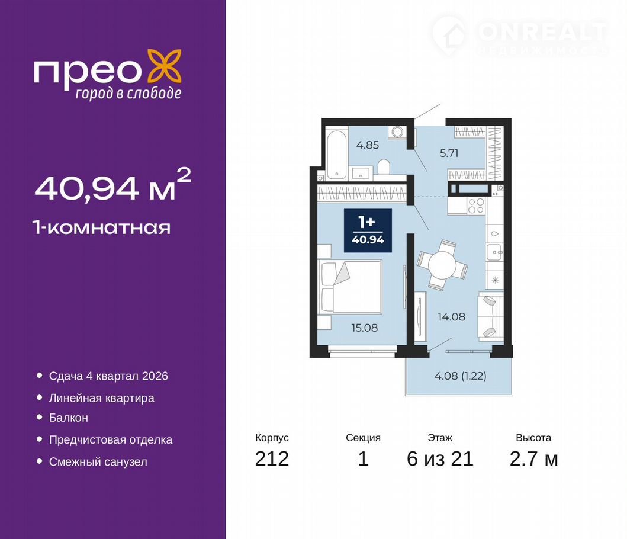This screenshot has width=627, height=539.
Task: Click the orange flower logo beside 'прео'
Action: pyautogui.click(x=165, y=66)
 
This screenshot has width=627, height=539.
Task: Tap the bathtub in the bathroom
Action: pyautogui.click(x=336, y=154)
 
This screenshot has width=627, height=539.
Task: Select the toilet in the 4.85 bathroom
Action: pyautogui.click(x=384, y=167)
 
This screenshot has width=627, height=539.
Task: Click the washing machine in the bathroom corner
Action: pyautogui.click(x=397, y=132)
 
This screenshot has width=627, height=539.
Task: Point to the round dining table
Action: pyautogui.click(x=442, y=265)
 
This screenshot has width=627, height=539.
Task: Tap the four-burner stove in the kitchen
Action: pyautogui.click(x=476, y=206)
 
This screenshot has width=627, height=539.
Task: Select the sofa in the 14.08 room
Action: pyautogui.click(x=491, y=316)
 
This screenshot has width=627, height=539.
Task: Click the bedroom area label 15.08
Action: pyautogui.click(x=364, y=328)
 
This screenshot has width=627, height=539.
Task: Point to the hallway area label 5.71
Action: pyautogui.click(x=449, y=153)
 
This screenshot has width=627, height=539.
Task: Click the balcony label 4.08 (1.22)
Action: pyautogui.click(x=460, y=376)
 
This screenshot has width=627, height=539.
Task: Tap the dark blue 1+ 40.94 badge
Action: pyautogui.click(x=368, y=230)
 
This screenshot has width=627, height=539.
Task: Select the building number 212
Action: pyautogui.click(x=272, y=458)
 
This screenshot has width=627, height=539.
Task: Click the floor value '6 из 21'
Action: pyautogui.click(x=440, y=458)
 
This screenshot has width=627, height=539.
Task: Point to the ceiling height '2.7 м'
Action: pyautogui.click(x=533, y=458)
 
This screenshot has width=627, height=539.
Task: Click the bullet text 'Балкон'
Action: pyautogui.click(x=68, y=418)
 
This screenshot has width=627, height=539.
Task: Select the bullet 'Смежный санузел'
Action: pyautogui.click(x=98, y=462)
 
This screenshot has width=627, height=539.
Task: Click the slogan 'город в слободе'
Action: pyautogui.click(x=128, y=93)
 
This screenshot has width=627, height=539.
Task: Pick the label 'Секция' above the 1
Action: pyautogui.click(x=363, y=438)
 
